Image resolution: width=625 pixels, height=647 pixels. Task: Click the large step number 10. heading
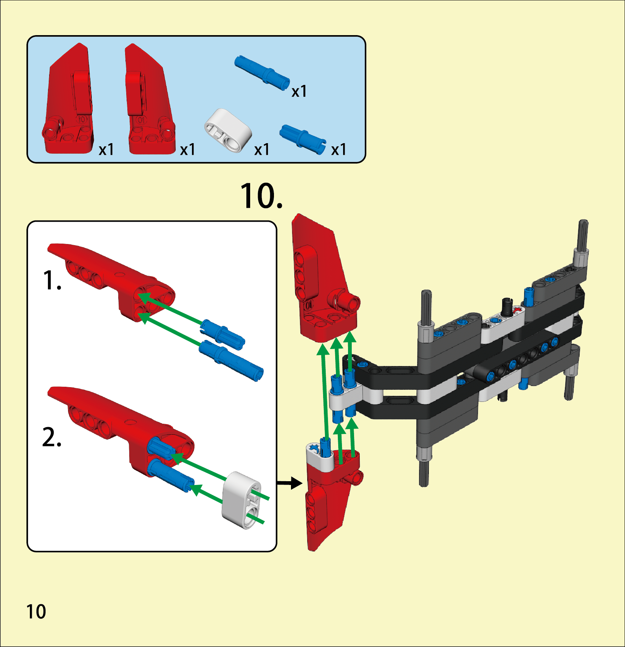coord(261,196)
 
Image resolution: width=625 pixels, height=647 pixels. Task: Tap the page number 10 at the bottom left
coord(36,611)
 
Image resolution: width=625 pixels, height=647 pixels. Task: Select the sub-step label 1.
coord(52,281)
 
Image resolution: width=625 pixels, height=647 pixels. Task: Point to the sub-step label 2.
coord(52,438)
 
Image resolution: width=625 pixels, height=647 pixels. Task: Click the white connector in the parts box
coord(228,130)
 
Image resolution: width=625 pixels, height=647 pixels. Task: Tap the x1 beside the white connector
coord(262,150)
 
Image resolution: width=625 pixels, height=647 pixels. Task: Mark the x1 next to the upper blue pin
coord(299,91)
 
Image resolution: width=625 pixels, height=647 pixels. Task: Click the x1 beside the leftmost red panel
coord(106,150)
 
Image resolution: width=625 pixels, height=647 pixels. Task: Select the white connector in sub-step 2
coord(241,500)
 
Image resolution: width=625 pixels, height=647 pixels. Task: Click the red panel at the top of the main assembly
coord(321,279)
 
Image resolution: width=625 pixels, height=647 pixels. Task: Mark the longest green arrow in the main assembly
coord(324,393)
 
